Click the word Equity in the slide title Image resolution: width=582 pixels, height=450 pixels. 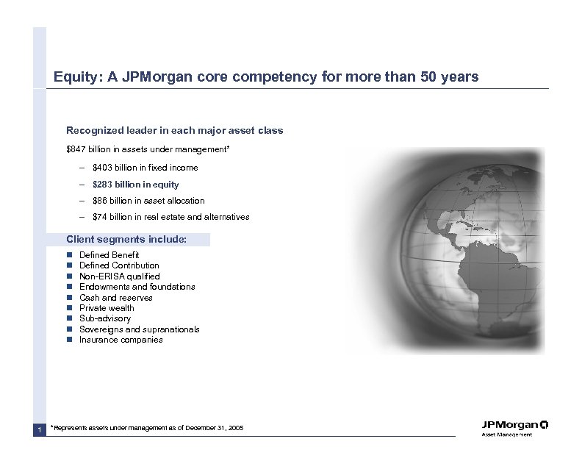pos(71,76)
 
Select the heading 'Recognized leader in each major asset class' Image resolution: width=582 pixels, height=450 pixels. pos(174,130)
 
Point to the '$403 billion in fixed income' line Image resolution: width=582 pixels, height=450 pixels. pos(145,168)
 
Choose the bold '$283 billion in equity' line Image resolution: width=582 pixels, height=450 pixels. pos(135,185)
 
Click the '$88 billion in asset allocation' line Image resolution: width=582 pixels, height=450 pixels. pos(148,201)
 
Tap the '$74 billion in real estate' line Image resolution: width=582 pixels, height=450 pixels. pos(170,217)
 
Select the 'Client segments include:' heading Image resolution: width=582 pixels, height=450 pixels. pos(126,239)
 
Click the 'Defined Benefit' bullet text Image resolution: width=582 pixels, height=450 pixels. pos(109,254)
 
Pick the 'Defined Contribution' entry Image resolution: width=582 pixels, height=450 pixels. pos(118,265)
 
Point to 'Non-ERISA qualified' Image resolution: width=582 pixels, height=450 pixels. pos(119,276)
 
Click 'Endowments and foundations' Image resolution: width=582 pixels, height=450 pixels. pos(137,287)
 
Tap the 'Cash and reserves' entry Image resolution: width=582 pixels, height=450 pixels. pos(115,298)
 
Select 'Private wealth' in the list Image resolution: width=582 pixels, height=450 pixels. pos(107,308)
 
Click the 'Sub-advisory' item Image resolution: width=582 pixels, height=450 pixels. pos(104,318)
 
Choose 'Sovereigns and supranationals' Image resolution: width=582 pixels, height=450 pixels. pos(139,329)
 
